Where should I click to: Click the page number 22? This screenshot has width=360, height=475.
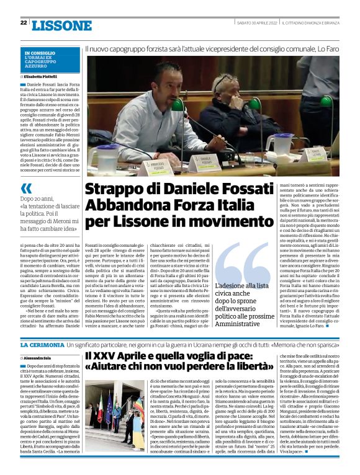tap(24, 23)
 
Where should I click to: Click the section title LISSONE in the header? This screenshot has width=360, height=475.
tap(61, 25)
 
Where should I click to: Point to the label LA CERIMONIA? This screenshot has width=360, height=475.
tap(40, 344)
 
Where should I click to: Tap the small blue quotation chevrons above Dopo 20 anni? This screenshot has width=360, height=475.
tap(26, 188)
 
